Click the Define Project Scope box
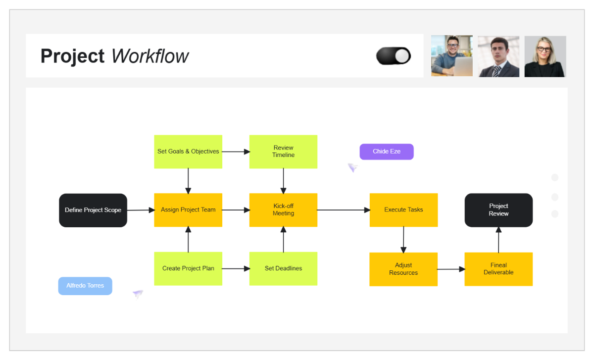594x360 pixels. click(x=93, y=210)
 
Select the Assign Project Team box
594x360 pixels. click(x=188, y=210)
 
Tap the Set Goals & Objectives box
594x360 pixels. click(x=188, y=152)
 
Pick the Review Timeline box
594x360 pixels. click(x=283, y=152)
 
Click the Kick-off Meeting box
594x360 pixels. click(x=283, y=210)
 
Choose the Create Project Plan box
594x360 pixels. click(x=188, y=268)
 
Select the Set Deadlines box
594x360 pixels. click(x=283, y=268)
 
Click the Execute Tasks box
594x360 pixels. click(x=403, y=210)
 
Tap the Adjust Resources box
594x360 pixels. click(x=403, y=269)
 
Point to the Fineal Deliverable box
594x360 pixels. click(x=498, y=269)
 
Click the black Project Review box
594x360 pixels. click(x=498, y=210)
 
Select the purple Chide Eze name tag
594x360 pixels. click(x=387, y=152)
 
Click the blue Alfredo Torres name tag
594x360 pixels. click(x=85, y=286)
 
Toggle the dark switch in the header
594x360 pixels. click(x=394, y=56)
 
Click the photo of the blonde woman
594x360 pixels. click(x=545, y=56)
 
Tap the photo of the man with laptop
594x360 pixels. click(x=451, y=56)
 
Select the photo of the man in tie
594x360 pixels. click(x=498, y=56)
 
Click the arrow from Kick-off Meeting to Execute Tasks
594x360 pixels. click(x=344, y=210)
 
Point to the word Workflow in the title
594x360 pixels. click(x=149, y=56)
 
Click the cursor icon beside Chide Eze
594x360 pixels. click(x=352, y=168)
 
